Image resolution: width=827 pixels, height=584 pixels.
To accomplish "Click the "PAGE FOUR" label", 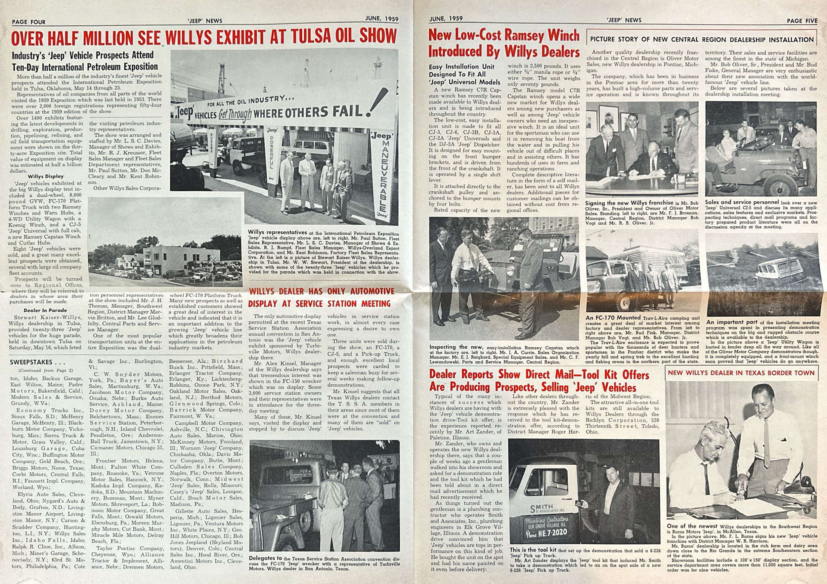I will click(x=29, y=22).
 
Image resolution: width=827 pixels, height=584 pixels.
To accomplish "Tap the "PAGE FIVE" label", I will click(x=802, y=21).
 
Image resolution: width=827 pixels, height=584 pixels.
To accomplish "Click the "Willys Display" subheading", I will click(x=46, y=176).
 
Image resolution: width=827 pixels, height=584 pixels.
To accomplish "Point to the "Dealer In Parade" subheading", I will click(x=45, y=310).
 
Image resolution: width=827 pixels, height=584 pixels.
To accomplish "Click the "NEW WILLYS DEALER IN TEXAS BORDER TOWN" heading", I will click(x=741, y=372).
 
